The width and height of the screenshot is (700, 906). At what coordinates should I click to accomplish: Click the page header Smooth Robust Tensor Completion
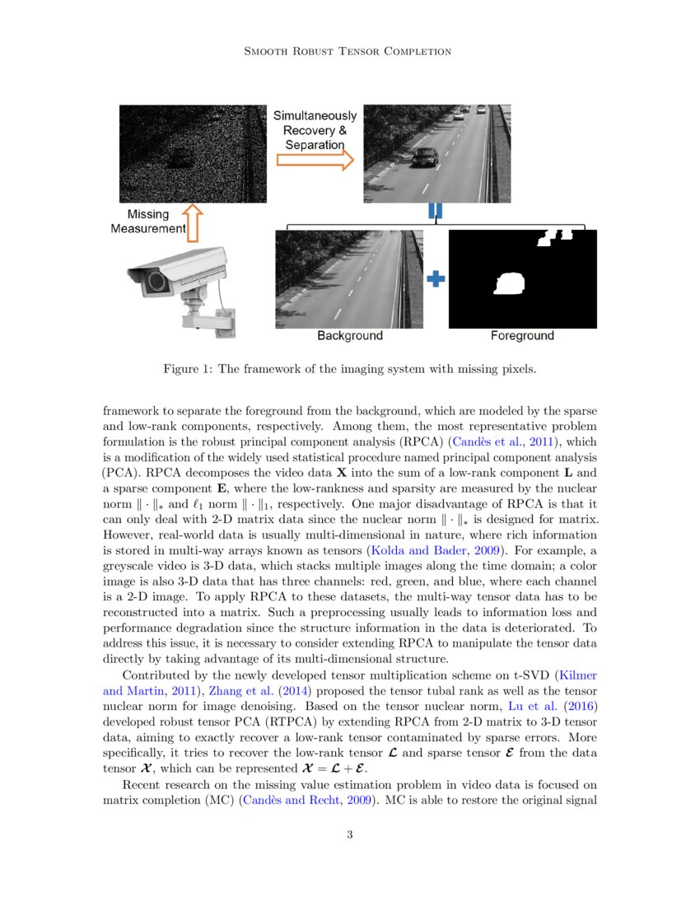tap(349, 51)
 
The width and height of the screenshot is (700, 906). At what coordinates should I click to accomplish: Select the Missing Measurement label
tap(148, 222)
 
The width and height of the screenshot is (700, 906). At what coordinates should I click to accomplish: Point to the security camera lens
tap(154, 283)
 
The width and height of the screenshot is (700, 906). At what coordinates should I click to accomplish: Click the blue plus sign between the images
tap(436, 279)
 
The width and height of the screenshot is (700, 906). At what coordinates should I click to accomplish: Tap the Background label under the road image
tap(350, 336)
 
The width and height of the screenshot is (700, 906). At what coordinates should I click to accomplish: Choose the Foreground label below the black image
tap(522, 336)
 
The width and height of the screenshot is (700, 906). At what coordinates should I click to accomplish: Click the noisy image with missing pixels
tap(193, 154)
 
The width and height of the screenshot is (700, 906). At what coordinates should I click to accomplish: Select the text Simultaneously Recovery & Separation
tap(315, 130)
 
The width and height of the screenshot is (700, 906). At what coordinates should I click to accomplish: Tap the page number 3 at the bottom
tap(350, 835)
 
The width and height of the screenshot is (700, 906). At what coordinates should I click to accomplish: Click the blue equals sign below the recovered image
tap(435, 212)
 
